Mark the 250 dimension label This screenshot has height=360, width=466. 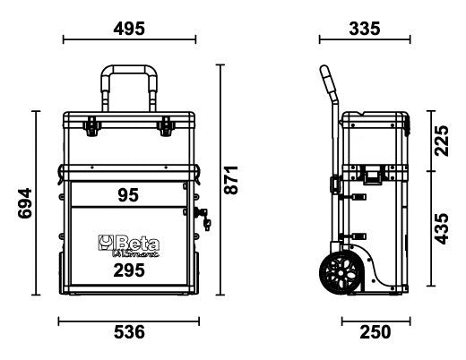[375, 332]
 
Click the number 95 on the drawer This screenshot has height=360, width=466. [128, 194]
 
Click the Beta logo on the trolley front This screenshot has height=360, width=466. [125, 243]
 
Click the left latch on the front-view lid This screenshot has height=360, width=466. [92, 127]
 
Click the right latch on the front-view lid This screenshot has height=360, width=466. [165, 127]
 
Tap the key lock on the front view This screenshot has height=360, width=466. [201, 215]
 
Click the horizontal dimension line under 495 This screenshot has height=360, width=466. [130, 39]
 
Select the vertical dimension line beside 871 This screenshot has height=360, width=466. [220, 180]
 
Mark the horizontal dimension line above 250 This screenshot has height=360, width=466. [375, 318]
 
